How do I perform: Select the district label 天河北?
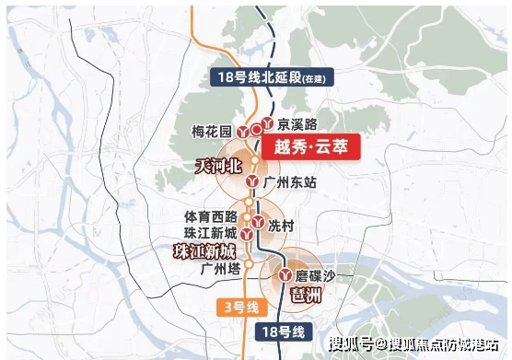click(215, 167)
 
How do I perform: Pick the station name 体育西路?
click(210, 217)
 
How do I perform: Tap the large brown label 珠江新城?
click(205, 251)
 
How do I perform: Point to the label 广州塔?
click(219, 270)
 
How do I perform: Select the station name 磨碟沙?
click(322, 273)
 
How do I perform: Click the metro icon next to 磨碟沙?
click(289, 273)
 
